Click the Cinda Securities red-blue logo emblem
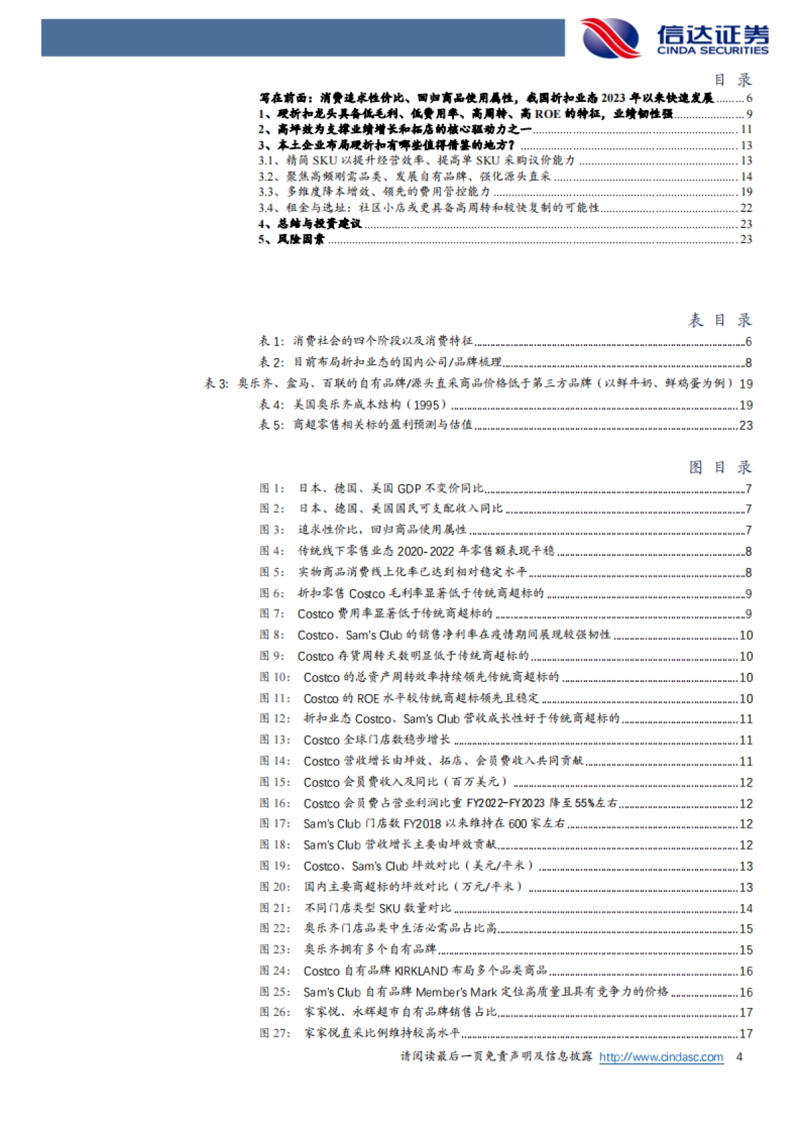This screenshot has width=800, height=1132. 609,37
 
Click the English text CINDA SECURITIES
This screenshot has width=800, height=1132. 712,51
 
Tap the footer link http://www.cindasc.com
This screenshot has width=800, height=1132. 661,1057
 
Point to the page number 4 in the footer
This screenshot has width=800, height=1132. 739,1057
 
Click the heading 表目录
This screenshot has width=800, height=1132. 719,321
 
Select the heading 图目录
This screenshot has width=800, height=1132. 719,467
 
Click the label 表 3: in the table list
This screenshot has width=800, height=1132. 216,383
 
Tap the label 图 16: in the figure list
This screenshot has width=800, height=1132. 275,803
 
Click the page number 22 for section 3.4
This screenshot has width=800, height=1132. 746,208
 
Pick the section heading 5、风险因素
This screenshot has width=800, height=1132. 291,239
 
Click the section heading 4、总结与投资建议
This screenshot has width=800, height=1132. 310,224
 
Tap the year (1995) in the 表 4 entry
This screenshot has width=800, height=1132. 427,405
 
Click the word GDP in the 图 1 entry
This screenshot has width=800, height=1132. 409,489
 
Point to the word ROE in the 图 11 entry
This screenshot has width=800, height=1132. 368,699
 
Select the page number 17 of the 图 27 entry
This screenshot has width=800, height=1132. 746,1034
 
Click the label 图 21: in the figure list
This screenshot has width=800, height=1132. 275,908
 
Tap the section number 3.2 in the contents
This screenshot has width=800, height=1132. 267,177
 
